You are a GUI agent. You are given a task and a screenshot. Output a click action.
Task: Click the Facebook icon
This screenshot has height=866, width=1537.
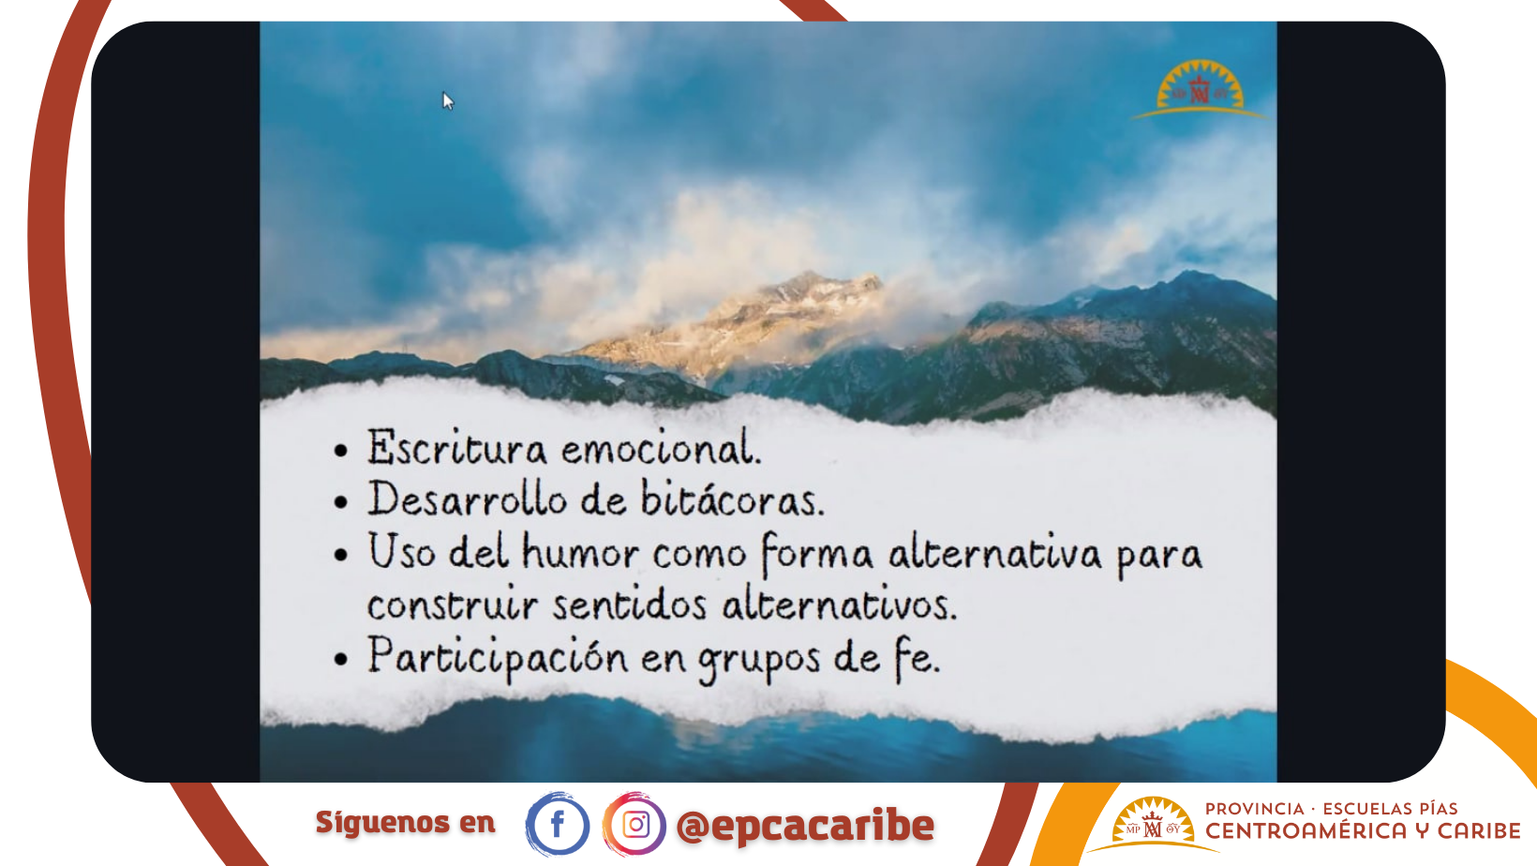pyautogui.click(x=557, y=824)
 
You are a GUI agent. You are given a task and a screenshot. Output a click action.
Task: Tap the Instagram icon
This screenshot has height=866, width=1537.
pyautogui.click(x=634, y=824)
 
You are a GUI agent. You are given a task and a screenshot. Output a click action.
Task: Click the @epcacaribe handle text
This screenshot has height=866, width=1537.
pyautogui.click(x=805, y=826)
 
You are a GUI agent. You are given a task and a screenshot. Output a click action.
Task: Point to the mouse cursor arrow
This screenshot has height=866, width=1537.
pyautogui.click(x=447, y=101)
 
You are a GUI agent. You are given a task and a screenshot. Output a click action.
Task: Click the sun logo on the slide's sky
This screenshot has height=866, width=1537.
pyautogui.click(x=1199, y=89)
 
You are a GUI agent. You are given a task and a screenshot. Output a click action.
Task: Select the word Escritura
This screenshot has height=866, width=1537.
pyautogui.click(x=457, y=447)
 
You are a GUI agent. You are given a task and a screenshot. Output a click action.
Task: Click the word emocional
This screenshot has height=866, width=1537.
pyautogui.click(x=661, y=449)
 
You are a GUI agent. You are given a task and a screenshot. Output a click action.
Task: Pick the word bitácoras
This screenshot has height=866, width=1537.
pyautogui.click(x=732, y=499)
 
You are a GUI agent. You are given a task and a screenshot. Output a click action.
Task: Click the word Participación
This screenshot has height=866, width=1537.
pyautogui.click(x=498, y=658)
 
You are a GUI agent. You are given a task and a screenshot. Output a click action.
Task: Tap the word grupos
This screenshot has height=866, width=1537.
pyautogui.click(x=759, y=660)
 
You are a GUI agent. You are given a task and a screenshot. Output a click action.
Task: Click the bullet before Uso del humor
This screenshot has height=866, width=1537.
pyautogui.click(x=341, y=555)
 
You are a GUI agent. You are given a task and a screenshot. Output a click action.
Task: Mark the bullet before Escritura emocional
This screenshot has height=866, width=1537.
pyautogui.click(x=341, y=450)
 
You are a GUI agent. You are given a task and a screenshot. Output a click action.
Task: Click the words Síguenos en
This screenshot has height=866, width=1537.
pyautogui.click(x=405, y=822)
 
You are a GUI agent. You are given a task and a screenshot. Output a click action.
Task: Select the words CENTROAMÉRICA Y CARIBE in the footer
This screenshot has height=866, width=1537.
pyautogui.click(x=1363, y=831)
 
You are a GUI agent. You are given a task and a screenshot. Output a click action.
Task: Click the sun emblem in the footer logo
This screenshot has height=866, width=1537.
pyautogui.click(x=1153, y=824)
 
